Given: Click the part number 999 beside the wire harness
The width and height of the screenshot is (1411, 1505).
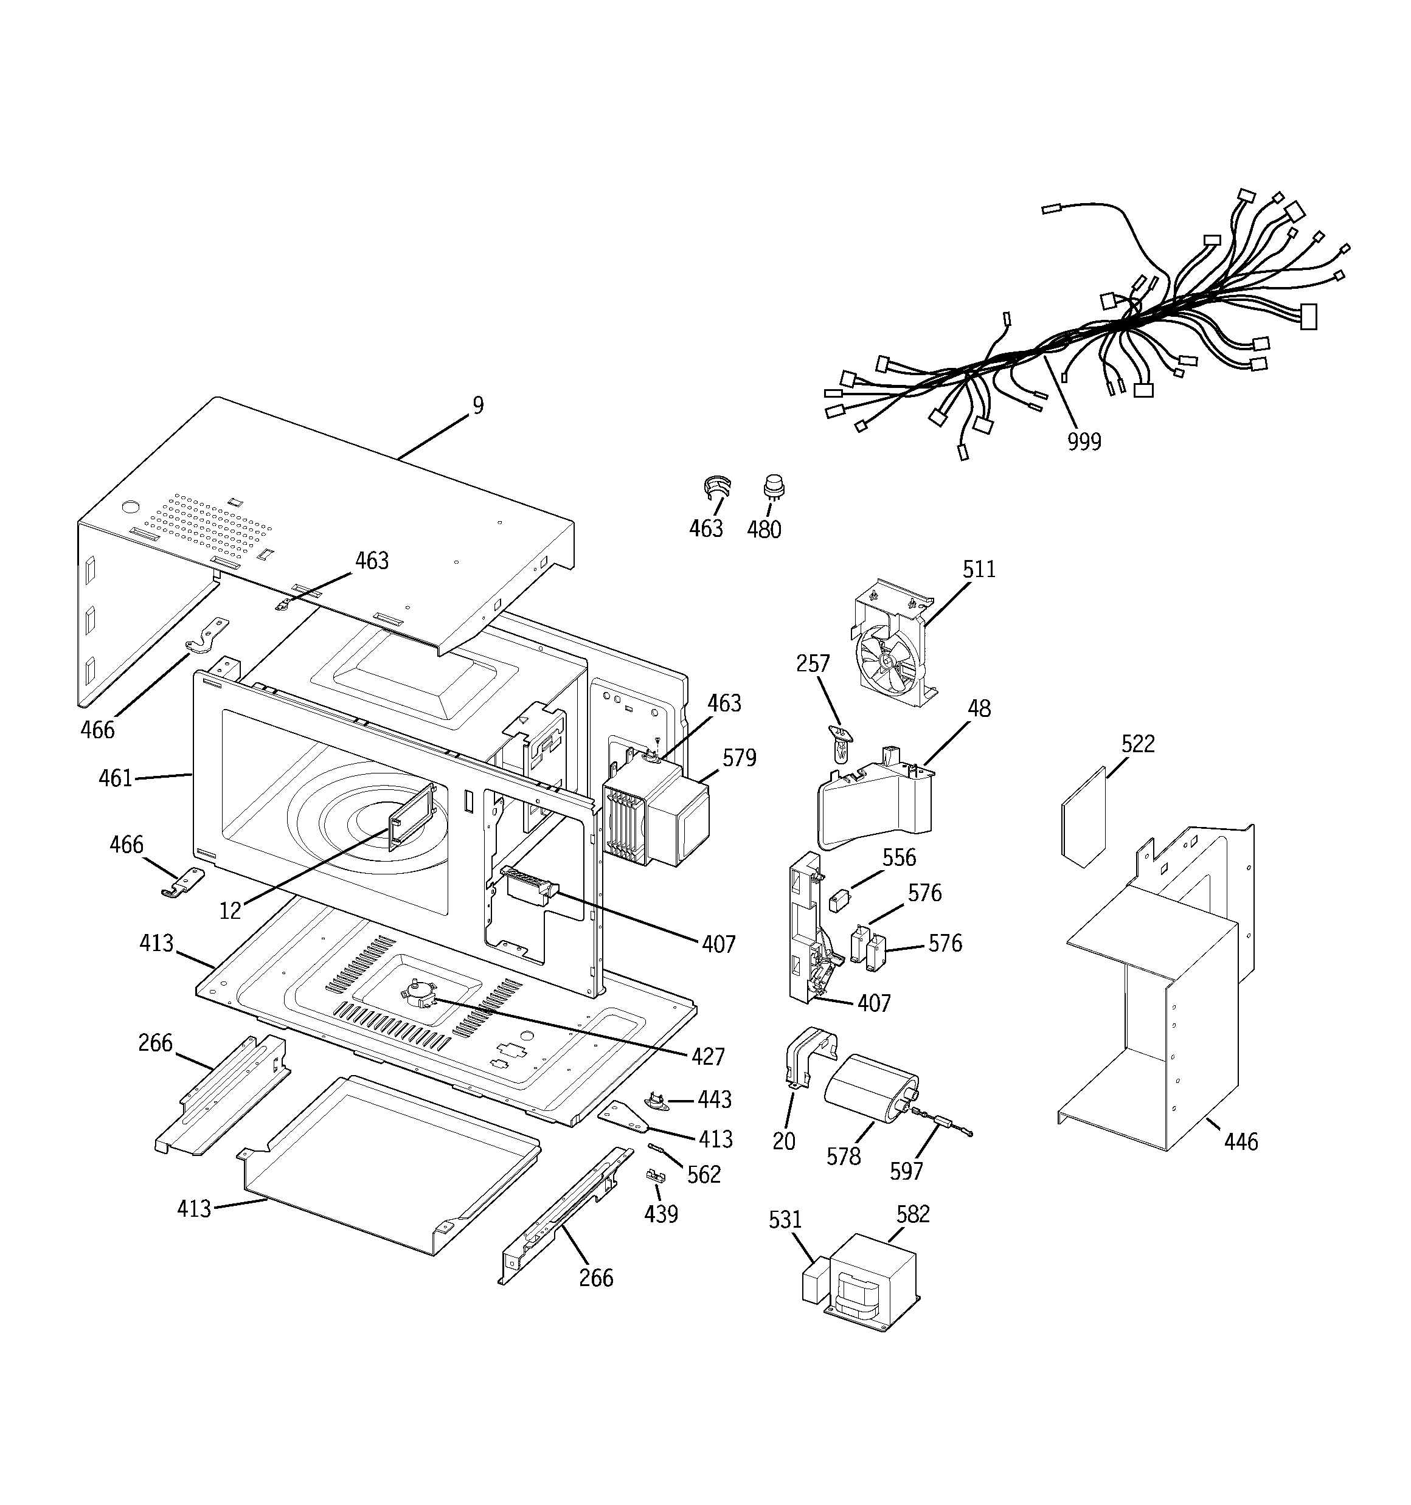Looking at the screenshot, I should point(1084,441).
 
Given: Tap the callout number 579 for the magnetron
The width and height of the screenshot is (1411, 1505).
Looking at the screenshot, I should point(738,758).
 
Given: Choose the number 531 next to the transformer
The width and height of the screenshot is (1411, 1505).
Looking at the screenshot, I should point(785,1220).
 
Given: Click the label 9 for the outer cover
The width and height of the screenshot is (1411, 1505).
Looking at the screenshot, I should point(478,406).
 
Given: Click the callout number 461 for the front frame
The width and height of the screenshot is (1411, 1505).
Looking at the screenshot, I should point(115,778).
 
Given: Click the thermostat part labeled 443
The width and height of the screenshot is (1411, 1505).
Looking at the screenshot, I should point(654,1099).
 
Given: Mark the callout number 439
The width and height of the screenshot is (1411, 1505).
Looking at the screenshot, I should point(660,1214).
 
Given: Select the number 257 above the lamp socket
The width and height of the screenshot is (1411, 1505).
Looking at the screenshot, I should point(813,664).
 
